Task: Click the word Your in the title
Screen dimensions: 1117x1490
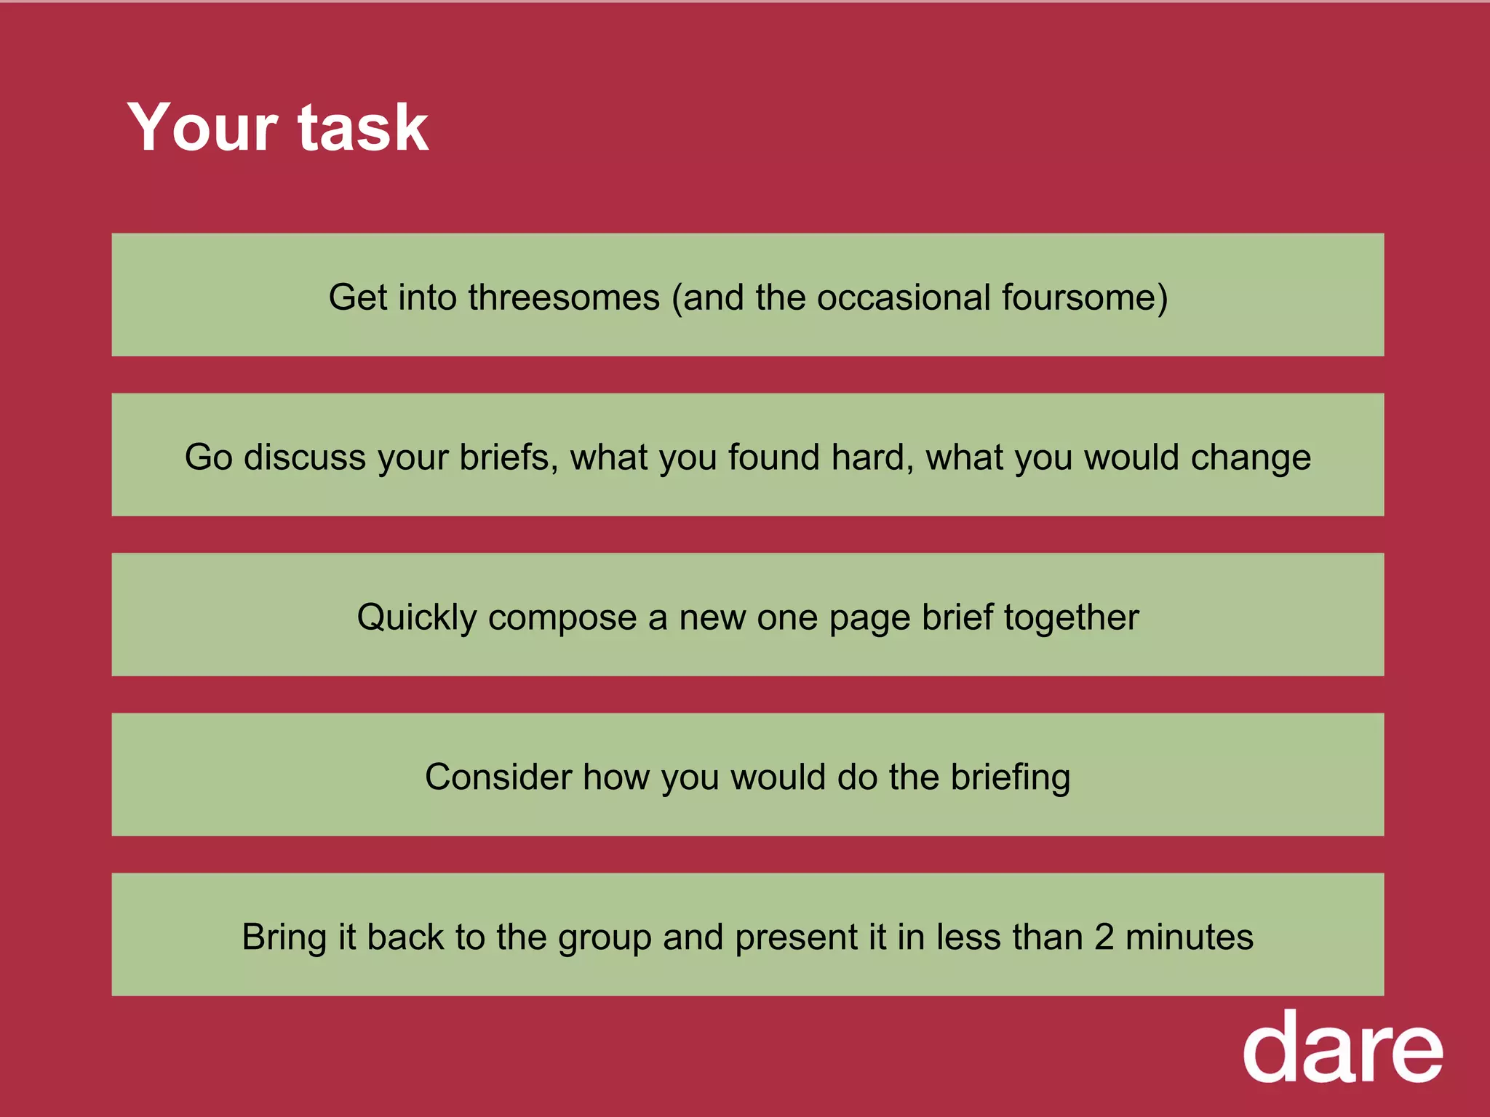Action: [x=202, y=128]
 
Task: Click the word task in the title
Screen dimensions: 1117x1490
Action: [x=363, y=128]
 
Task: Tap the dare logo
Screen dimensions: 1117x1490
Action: [x=1342, y=1048]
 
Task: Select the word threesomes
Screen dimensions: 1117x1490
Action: [x=564, y=297]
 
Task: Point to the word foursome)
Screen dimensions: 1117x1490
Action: [x=1084, y=297]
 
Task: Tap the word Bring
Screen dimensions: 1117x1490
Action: [x=284, y=937]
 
